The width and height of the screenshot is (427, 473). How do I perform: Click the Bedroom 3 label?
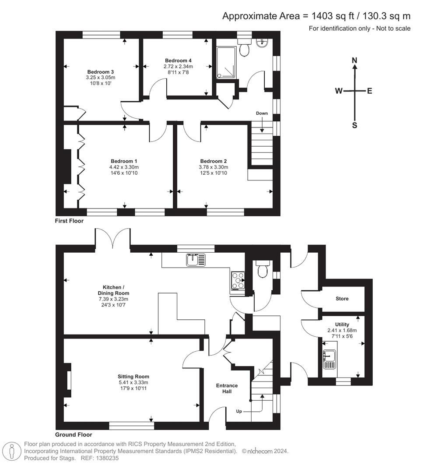pyautogui.click(x=101, y=72)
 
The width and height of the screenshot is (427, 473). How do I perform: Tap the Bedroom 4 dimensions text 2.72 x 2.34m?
pyautogui.click(x=178, y=67)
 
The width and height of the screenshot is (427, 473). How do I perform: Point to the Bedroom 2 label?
pyautogui.click(x=213, y=161)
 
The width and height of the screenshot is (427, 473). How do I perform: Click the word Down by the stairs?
pyautogui.click(x=262, y=113)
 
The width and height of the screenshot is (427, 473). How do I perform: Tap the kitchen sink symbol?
pyautogui.click(x=193, y=260)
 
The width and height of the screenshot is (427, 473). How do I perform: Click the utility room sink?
pyautogui.click(x=329, y=359)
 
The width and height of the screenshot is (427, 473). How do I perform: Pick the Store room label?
pyautogui.click(x=342, y=299)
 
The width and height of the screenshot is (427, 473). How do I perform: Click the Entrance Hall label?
pyautogui.click(x=227, y=388)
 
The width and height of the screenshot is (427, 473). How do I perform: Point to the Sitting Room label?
pyautogui.click(x=133, y=376)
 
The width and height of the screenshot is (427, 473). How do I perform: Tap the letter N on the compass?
pyautogui.click(x=355, y=60)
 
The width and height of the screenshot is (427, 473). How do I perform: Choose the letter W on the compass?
pyautogui.click(x=339, y=91)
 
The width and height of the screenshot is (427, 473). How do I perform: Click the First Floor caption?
pyautogui.click(x=69, y=221)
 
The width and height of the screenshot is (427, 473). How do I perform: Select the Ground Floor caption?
pyautogui.click(x=73, y=435)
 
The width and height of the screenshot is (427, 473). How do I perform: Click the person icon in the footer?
pyautogui.click(x=12, y=451)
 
